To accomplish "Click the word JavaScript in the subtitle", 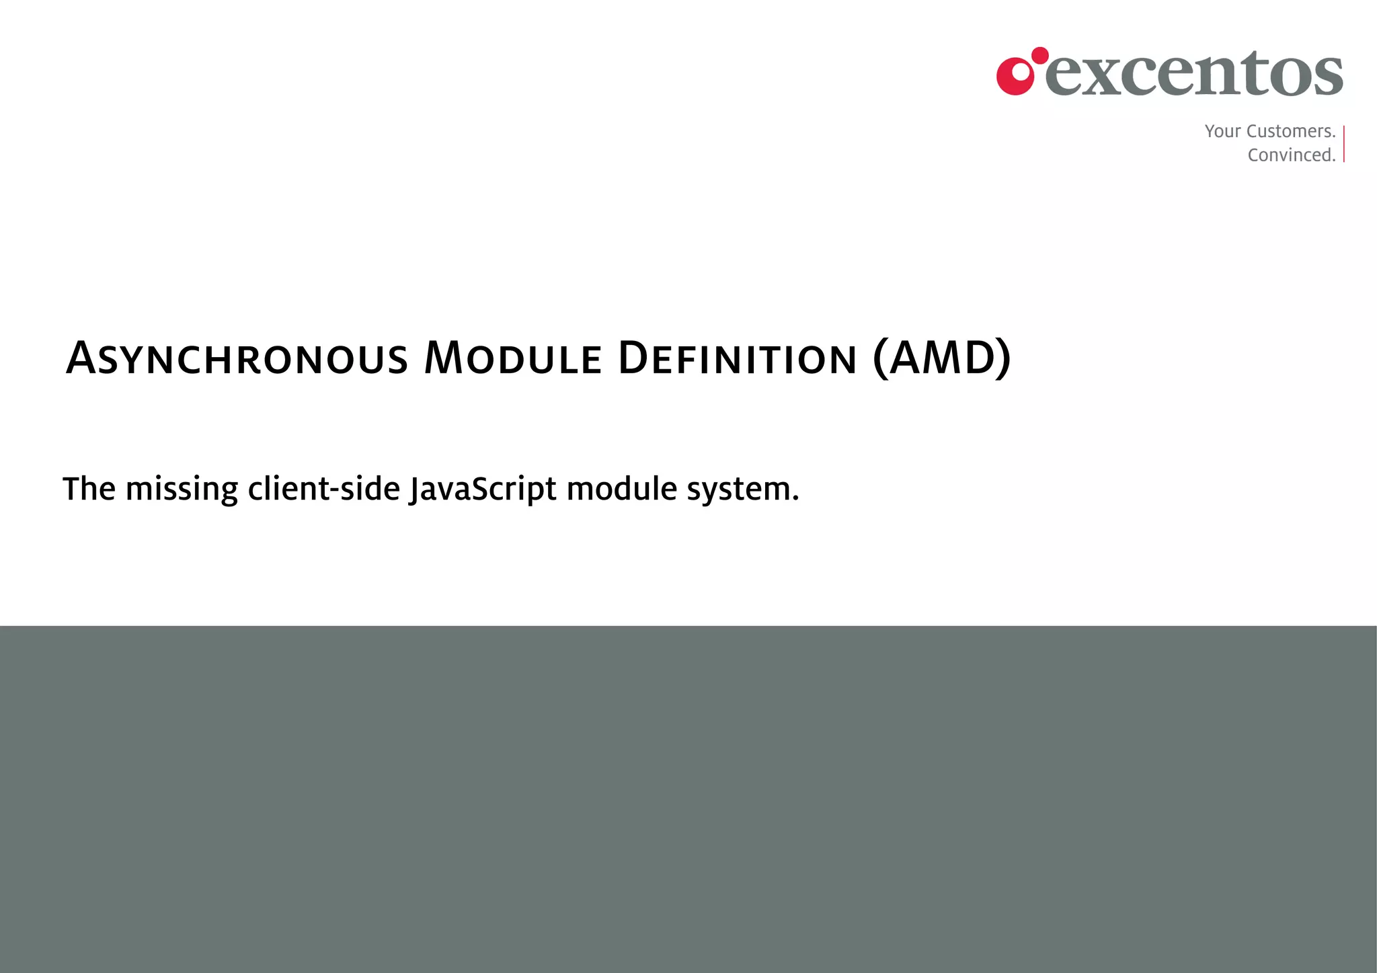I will coord(483,489).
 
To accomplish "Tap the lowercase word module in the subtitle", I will coord(621,489).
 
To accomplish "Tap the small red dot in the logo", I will coord(1040,55).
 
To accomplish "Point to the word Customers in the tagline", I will coord(1290,131).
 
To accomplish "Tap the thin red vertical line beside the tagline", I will coord(1343,143).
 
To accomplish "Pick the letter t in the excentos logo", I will coord(1255,73).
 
